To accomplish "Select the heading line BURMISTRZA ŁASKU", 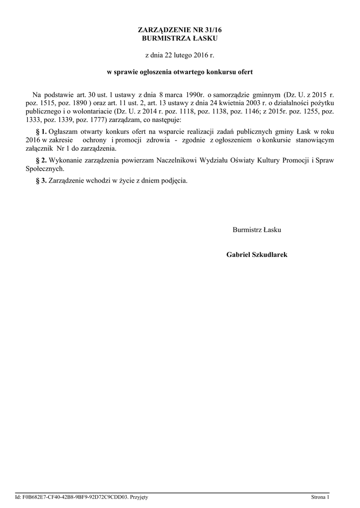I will (180, 38).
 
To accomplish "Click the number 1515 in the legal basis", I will (55, 103).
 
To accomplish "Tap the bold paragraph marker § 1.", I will (42, 132).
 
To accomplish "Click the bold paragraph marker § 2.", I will (42, 160).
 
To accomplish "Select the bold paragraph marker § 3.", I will (42, 181).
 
